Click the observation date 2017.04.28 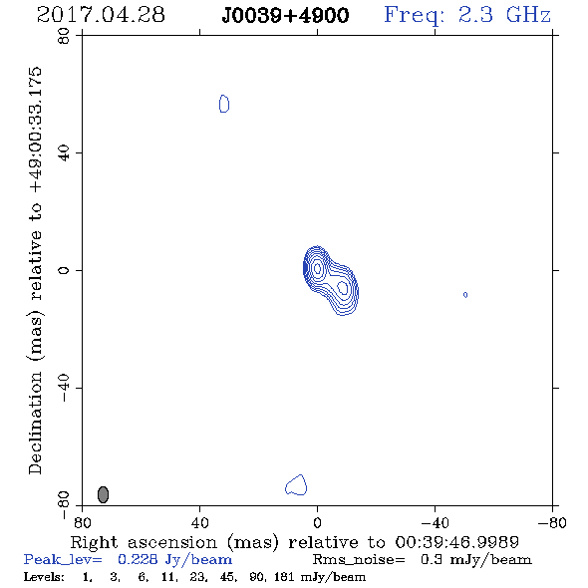101,15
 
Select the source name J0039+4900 285,15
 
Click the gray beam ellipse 103,494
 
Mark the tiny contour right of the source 465,295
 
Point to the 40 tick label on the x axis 199,522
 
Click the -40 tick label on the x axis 435,522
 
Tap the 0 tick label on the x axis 317,522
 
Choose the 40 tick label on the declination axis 64,153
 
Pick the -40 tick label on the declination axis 64,388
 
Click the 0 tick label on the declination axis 64,270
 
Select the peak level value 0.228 138,559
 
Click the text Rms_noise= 359,560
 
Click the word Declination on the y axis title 35,423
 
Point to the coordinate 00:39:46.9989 457,542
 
